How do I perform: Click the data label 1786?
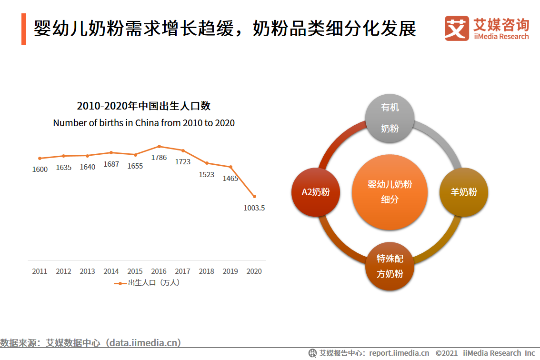(x=159, y=157)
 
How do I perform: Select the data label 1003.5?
(x=254, y=208)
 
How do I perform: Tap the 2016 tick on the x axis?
(x=159, y=271)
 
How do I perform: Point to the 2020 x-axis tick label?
(x=254, y=271)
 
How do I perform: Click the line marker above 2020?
(x=254, y=196)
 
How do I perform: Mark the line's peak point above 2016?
(x=159, y=146)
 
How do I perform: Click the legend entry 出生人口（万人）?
(x=148, y=283)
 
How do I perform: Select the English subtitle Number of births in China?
(x=144, y=123)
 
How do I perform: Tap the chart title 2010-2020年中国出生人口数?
(x=144, y=106)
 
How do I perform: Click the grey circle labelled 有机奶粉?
(x=390, y=119)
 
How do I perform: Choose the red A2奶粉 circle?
(x=316, y=192)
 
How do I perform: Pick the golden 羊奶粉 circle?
(x=464, y=192)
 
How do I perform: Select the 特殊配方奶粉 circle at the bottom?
(x=390, y=266)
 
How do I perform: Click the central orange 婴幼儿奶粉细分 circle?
(x=390, y=192)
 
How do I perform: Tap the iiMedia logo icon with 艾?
(x=457, y=28)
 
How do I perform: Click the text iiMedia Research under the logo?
(x=501, y=37)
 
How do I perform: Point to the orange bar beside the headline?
(x=24, y=29)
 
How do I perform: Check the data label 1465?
(x=230, y=179)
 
